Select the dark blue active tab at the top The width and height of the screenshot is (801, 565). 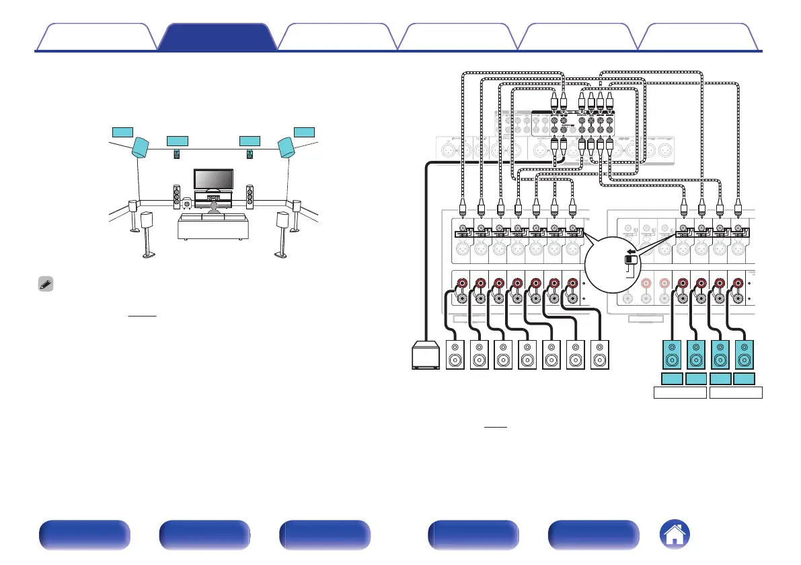(x=217, y=38)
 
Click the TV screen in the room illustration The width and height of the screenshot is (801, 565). (x=214, y=179)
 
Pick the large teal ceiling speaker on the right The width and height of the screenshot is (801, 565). (x=287, y=148)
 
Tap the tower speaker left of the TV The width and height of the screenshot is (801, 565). (x=178, y=196)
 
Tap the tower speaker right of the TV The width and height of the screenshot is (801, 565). (x=250, y=196)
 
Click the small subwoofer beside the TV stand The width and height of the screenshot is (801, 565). (x=186, y=202)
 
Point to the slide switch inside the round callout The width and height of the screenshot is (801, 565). (x=631, y=260)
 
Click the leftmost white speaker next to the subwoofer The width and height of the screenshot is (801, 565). (x=456, y=354)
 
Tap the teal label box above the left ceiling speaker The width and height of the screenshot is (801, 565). (x=123, y=131)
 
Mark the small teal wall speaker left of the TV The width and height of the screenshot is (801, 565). (x=177, y=154)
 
